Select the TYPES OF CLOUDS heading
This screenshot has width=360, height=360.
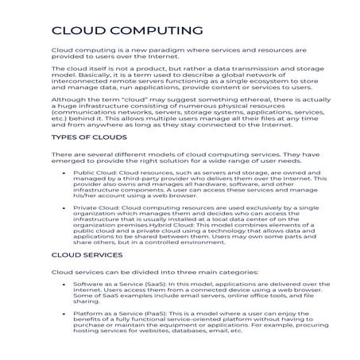[87, 137]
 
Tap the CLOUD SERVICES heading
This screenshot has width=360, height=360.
[87, 255]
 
